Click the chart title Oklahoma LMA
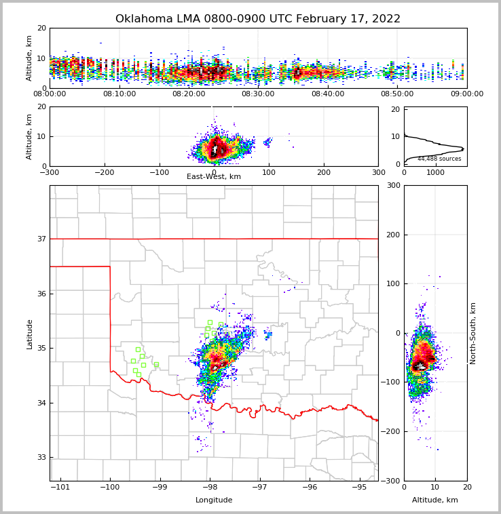pos(258,19)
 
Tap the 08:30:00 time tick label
pos(258,94)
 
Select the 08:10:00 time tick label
pos(119,94)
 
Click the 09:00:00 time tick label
pos(467,94)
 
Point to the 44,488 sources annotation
pos(439,159)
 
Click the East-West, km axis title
pos(214,177)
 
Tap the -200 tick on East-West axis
pos(105,172)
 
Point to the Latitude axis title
pos(30,334)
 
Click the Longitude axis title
pos(214,500)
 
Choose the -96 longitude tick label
pos(310,488)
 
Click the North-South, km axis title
pos(473,333)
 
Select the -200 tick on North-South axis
pos(392,432)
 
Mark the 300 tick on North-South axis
pos(393,186)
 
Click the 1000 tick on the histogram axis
pos(435,172)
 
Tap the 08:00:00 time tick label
pos(50,94)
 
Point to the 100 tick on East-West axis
pos(269,172)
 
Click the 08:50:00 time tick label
pos(397,94)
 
